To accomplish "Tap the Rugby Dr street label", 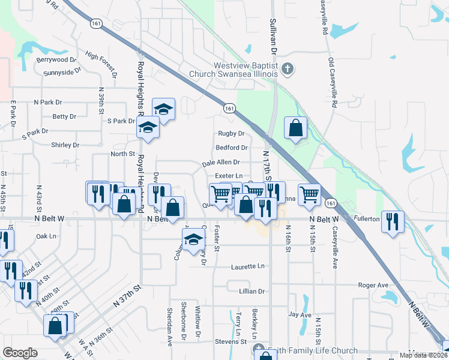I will [x=231, y=133].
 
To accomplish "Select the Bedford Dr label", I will [x=232, y=148].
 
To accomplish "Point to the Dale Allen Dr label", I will [x=221, y=162].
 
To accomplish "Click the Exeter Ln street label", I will [x=228, y=175].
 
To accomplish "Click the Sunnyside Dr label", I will [x=62, y=72].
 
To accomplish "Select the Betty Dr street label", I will [x=64, y=116].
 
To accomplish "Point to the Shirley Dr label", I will [x=65, y=145].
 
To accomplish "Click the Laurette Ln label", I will [x=246, y=266].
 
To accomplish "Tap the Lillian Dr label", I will [x=252, y=291].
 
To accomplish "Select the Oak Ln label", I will [x=46, y=236].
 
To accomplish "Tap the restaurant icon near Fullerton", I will [x=392, y=221].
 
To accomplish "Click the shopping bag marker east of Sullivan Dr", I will [x=295, y=127].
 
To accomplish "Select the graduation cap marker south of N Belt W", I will [x=193, y=240].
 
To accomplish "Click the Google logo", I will [x=20, y=353].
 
